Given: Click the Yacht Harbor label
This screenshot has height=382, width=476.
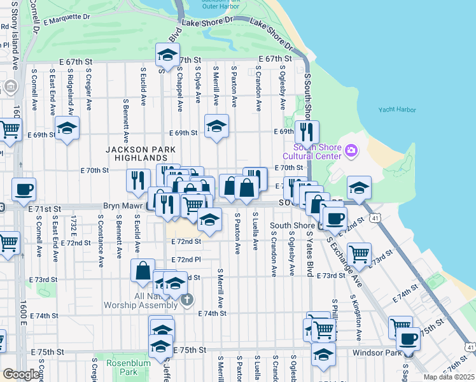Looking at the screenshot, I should point(397,110).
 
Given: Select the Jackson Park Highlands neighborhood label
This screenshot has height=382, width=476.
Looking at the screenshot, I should point(137,153).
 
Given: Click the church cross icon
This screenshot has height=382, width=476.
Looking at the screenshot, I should point(186,299).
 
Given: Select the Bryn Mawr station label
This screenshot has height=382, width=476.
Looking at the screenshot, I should point(123,207).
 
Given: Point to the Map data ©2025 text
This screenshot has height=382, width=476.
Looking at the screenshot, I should point(448,377).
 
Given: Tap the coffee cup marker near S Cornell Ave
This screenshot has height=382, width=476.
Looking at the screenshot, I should point(24,189).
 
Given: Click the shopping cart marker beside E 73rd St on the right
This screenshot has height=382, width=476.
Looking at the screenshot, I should point(360,254).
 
